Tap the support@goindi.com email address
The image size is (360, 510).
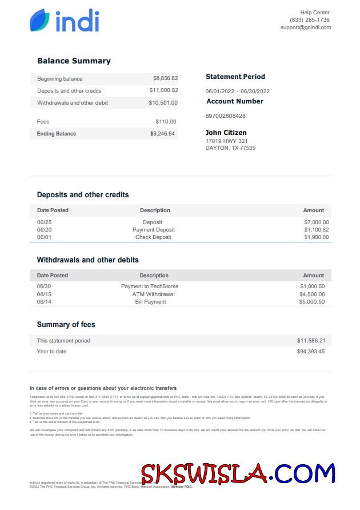click(x=305, y=27)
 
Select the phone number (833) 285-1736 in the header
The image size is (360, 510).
click(x=309, y=20)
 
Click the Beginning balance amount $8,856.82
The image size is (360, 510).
click(x=165, y=79)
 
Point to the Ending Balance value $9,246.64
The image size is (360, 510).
click(x=162, y=134)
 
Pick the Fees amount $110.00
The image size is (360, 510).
click(x=166, y=122)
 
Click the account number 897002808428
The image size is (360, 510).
click(x=225, y=116)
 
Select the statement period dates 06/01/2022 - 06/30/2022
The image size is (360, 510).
click(x=237, y=91)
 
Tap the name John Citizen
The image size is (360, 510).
click(x=226, y=133)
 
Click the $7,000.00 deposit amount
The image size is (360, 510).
click(x=316, y=222)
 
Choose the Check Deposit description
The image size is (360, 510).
click(x=153, y=237)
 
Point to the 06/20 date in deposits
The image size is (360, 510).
click(x=44, y=230)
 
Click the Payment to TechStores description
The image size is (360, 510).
click(x=150, y=286)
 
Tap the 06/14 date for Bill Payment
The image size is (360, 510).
click(x=44, y=302)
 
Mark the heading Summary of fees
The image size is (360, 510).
click(x=66, y=325)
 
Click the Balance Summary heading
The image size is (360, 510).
click(x=74, y=61)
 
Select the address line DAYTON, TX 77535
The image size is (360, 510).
click(x=230, y=148)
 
